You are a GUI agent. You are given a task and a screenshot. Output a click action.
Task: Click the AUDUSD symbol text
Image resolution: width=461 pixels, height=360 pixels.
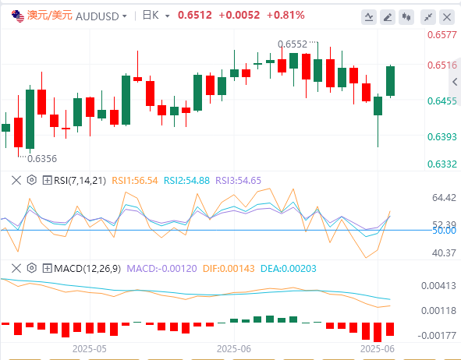(x=98, y=16)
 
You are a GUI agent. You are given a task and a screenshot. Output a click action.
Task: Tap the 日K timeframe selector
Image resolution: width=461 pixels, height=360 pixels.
(x=156, y=16)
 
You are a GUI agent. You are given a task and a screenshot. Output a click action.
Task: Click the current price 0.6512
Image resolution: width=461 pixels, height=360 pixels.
(x=195, y=16)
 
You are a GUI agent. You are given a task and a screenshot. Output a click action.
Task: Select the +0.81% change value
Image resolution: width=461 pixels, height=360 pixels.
(x=285, y=16)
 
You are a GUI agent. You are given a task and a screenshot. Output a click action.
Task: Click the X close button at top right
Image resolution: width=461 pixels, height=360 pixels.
(x=447, y=17)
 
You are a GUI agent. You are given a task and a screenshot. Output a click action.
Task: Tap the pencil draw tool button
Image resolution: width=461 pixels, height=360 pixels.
(x=388, y=17)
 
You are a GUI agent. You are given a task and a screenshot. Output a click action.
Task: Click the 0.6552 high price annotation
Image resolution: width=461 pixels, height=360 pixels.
(x=293, y=44)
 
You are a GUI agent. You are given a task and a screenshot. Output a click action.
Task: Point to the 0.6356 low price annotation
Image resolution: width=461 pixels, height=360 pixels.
(x=42, y=158)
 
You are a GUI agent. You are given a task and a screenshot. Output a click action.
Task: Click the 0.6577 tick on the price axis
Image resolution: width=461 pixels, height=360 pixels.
(x=442, y=34)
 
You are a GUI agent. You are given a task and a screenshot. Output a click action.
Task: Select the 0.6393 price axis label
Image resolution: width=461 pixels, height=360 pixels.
(x=442, y=136)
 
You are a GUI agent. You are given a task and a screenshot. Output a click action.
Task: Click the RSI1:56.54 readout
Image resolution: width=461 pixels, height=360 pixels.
(x=135, y=180)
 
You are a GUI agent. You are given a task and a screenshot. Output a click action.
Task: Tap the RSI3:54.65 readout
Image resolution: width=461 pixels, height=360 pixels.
(x=238, y=180)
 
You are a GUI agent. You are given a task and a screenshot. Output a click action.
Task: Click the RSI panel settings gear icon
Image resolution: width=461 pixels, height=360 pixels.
(x=32, y=180)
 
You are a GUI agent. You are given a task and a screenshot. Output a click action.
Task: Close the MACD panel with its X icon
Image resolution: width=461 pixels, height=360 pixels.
(x=16, y=268)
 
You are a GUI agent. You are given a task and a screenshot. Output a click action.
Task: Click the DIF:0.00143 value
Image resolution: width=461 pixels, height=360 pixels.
(x=229, y=268)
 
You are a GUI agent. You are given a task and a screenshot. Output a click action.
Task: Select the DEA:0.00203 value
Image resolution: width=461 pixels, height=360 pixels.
(x=289, y=268)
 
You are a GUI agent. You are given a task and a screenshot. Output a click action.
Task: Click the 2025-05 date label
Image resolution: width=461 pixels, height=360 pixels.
(x=90, y=349)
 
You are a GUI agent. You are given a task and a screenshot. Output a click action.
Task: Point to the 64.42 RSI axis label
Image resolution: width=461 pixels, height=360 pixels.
(x=444, y=198)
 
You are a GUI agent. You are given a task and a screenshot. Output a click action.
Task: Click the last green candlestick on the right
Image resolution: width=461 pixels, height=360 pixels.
(x=391, y=81)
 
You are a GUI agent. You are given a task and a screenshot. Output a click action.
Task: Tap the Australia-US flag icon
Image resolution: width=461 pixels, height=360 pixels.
(x=18, y=16)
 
